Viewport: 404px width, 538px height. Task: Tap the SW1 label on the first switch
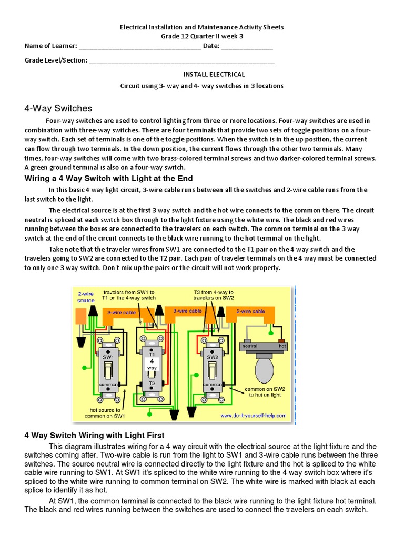coord(108,357)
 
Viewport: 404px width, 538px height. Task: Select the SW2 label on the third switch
coord(213,357)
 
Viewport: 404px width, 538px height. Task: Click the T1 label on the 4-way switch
coord(151,354)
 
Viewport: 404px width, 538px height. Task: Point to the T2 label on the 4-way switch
coord(151,384)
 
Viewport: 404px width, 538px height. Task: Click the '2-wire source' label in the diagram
coord(86,297)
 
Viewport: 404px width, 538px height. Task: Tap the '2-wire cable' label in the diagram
coord(250,312)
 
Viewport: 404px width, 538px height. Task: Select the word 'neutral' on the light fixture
coord(249,347)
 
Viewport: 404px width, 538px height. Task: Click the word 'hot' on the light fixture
coord(281,347)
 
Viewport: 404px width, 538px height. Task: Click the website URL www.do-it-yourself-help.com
coord(253,416)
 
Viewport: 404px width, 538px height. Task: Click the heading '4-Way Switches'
coord(58,109)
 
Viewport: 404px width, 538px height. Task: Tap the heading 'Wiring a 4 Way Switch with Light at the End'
coord(109,179)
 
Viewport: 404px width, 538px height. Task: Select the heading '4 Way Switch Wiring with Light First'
coord(95,436)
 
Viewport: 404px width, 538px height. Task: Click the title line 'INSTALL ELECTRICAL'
coord(214,74)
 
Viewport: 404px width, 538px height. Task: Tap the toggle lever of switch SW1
coord(108,372)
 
